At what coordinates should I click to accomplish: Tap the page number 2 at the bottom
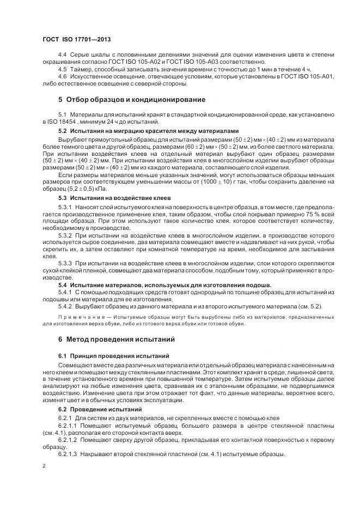click(x=44, y=466)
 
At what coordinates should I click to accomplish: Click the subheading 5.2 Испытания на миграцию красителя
click(x=148, y=131)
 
